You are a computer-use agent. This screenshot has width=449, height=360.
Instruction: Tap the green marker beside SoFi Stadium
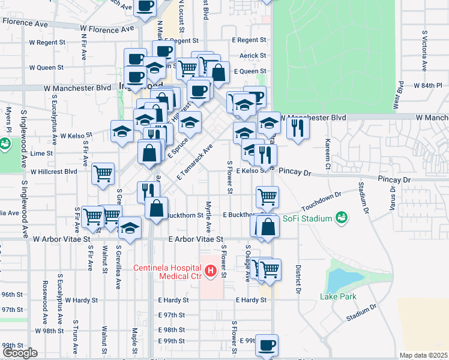click(x=342, y=217)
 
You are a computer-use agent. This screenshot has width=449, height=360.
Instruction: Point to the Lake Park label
click(x=338, y=296)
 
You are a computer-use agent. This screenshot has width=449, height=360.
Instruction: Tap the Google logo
click(x=19, y=353)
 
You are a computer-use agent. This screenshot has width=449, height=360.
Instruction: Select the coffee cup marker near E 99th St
click(x=267, y=345)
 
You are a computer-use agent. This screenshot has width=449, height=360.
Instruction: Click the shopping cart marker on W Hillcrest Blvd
click(x=103, y=173)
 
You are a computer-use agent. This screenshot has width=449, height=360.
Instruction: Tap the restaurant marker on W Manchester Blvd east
click(x=298, y=128)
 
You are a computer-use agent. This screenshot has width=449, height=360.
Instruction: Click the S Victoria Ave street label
click(x=424, y=50)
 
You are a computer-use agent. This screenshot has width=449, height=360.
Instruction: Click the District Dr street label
click(x=298, y=279)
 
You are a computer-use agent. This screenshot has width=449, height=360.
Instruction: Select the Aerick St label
click(x=253, y=55)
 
